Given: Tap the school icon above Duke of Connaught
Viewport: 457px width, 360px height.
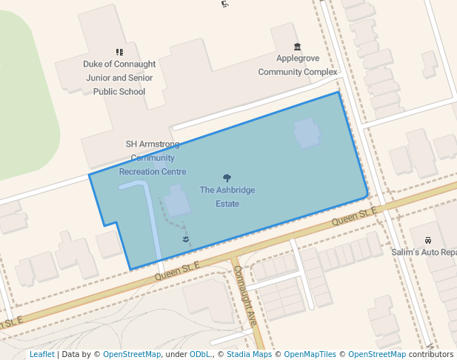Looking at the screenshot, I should (x=119, y=52).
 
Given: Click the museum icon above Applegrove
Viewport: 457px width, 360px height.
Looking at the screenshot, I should (x=298, y=47).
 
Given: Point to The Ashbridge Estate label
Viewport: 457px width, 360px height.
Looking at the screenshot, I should (x=227, y=196).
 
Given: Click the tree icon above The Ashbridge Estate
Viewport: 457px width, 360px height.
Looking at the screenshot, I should (x=227, y=178).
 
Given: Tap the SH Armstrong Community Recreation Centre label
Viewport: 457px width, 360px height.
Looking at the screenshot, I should (x=153, y=158).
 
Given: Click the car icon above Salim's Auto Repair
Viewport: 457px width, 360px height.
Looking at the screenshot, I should (x=427, y=240).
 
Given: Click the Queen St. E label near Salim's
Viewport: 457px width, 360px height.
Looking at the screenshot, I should (x=354, y=217).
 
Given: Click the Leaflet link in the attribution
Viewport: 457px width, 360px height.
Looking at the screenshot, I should (x=42, y=355).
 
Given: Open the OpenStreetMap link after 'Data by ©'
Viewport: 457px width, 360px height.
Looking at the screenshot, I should (x=132, y=355).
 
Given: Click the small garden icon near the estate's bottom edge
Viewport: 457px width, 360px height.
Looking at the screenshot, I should (x=185, y=239).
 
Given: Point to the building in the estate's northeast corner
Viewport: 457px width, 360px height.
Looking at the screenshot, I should (x=307, y=133).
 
